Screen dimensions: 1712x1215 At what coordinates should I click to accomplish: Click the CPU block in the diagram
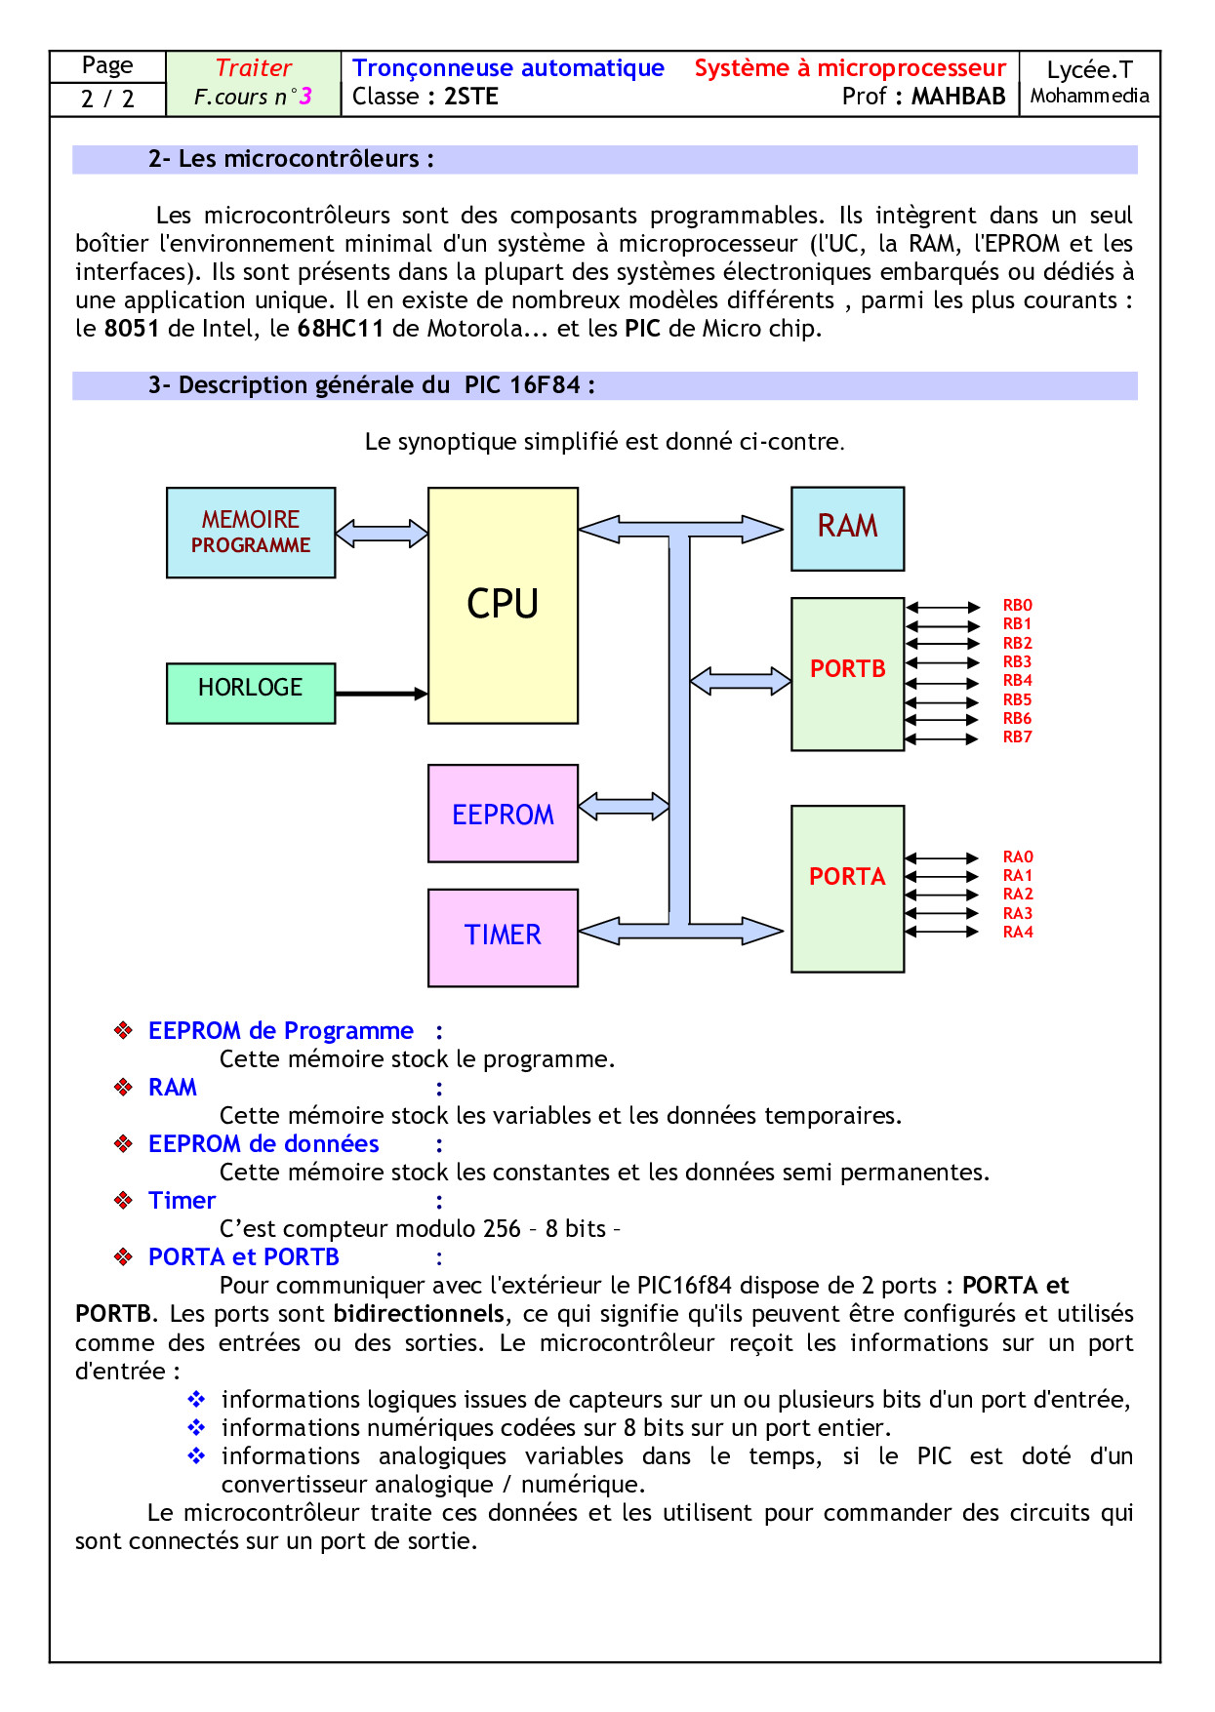503,605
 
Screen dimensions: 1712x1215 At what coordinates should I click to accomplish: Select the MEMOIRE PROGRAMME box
251,533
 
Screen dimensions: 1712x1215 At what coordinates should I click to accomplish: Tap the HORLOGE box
251,693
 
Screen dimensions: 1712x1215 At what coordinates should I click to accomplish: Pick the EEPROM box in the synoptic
503,814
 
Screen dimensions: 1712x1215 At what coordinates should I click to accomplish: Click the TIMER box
503,937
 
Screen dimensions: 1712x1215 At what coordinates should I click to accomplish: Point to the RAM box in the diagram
847,529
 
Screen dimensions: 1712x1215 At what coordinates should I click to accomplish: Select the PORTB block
847,673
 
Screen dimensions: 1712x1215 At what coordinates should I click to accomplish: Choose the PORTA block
847,888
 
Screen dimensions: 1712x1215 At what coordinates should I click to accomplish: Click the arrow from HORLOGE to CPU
381,694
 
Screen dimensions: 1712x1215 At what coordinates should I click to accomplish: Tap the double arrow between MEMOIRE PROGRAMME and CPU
382,533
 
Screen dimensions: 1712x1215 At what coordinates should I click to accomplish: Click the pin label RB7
1017,737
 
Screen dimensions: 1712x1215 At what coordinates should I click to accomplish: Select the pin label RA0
1017,856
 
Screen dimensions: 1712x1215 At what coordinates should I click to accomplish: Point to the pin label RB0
1017,606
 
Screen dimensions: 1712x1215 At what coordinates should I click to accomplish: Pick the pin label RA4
1017,932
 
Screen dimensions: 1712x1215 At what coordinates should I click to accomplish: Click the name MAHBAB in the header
957,97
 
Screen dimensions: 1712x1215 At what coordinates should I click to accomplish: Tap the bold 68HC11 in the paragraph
341,329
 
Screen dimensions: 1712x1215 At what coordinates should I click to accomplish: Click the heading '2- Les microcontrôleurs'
291,159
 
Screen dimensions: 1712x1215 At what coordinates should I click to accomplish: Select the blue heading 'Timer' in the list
182,1201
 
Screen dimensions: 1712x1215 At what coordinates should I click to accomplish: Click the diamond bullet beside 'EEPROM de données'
123,1143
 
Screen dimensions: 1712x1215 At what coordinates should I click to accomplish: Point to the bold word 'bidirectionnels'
419,1314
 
